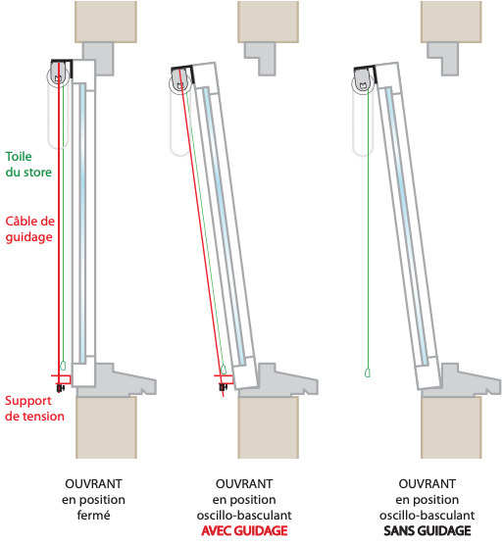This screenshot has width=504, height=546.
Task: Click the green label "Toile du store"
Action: click(28, 165)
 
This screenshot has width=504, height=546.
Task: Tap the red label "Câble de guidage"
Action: click(30, 229)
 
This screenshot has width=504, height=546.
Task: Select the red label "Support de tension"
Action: click(34, 409)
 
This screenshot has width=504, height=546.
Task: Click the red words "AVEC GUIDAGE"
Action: click(244, 530)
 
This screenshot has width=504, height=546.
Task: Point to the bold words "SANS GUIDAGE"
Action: click(427, 530)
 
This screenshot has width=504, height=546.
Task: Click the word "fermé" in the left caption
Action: click(93, 515)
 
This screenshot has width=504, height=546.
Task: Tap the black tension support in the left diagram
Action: click(61, 387)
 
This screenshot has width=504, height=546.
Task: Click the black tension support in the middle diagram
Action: click(224, 387)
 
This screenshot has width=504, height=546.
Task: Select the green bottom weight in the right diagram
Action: click(367, 372)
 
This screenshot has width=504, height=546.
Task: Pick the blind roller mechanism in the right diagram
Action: click(363, 84)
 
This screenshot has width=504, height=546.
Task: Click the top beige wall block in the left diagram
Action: click(106, 22)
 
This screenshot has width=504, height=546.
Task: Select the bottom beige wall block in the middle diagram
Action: click(269, 427)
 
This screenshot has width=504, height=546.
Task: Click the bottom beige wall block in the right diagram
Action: click(451, 427)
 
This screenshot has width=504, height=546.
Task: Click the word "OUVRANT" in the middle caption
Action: click(244, 483)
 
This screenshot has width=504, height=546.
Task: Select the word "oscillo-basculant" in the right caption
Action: click(427, 515)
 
